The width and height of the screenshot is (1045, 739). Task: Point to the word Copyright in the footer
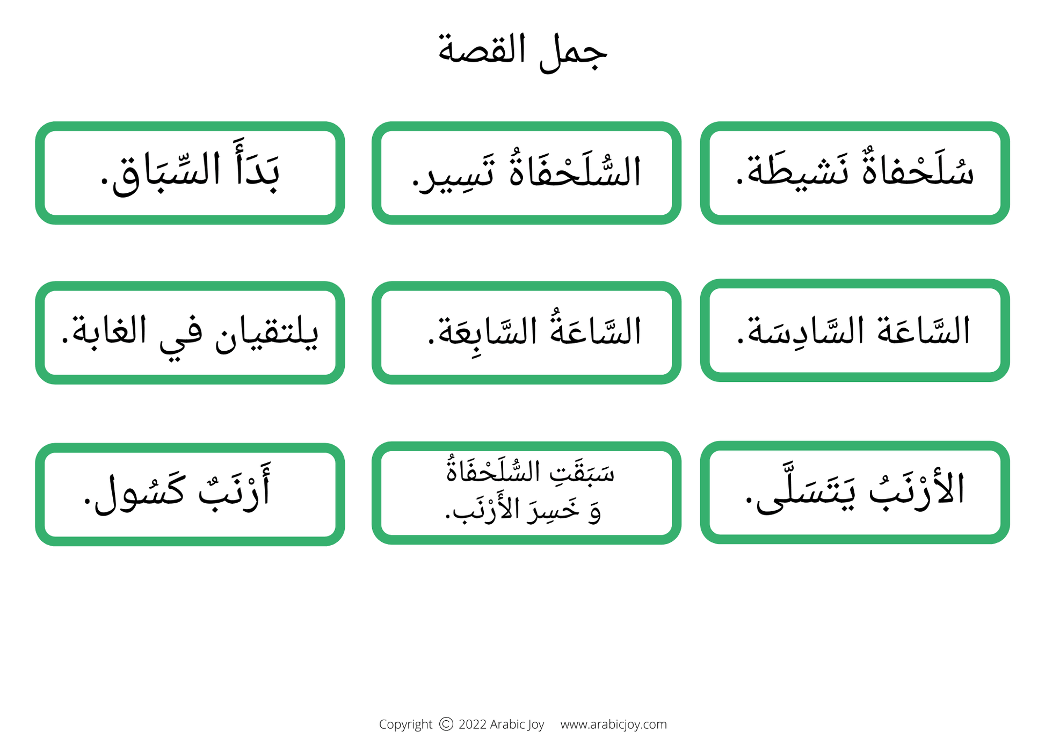405,724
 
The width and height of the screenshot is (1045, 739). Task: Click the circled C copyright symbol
446,724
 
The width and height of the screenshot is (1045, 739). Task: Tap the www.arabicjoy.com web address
613,724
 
